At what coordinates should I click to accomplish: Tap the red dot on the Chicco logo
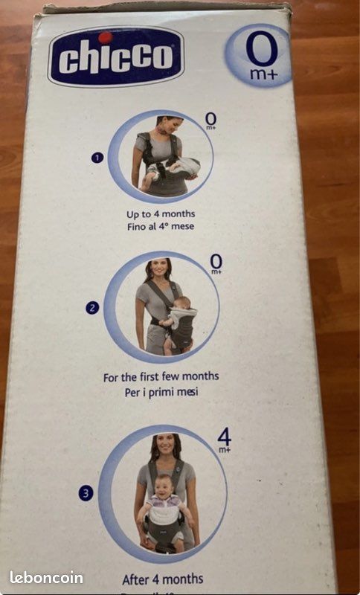105,37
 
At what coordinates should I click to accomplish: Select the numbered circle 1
97,158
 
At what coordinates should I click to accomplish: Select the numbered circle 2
92,308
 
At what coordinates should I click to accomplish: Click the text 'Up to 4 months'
161,214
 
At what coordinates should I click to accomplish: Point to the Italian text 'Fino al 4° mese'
161,227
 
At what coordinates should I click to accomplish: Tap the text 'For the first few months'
161,376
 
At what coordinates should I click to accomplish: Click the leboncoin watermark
46,577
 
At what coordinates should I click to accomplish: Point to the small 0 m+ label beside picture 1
210,120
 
